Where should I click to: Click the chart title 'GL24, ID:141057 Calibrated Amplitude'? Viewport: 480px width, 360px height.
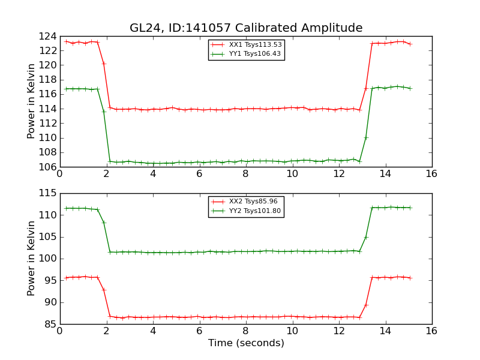pyautogui.click(x=246, y=28)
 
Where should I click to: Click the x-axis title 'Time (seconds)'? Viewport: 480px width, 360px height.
pyautogui.click(x=246, y=343)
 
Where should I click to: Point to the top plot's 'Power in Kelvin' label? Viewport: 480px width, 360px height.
pyautogui.click(x=32, y=101)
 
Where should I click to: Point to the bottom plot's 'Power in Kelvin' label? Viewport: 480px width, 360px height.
pyautogui.click(x=32, y=259)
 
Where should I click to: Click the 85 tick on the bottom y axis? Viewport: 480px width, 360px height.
pyautogui.click(x=52, y=324)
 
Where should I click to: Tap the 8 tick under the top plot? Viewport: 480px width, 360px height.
pyautogui.click(x=245, y=173)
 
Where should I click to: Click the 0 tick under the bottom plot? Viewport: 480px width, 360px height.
pyautogui.click(x=59, y=331)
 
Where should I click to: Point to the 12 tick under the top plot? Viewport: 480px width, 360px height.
pyautogui.click(x=338, y=173)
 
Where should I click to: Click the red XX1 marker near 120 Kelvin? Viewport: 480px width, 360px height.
pyautogui.click(x=104, y=64)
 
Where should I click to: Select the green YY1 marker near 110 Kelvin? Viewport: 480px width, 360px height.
pyautogui.click(x=365, y=137)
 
